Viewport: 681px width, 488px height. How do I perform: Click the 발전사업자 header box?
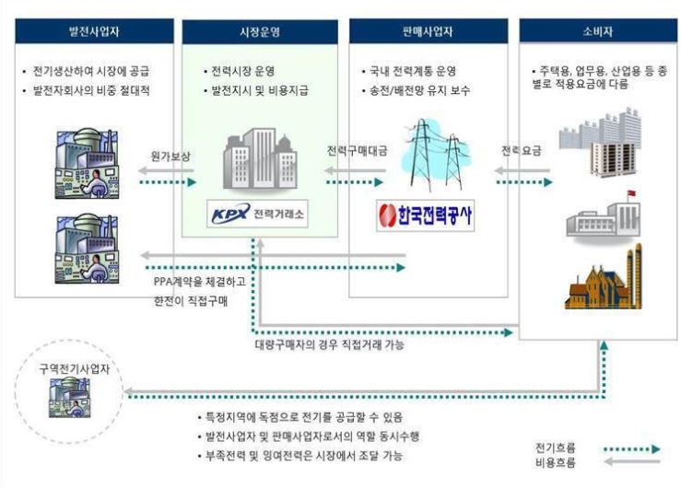pyautogui.click(x=95, y=30)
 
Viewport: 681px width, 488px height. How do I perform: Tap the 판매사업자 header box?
pyautogui.click(x=428, y=31)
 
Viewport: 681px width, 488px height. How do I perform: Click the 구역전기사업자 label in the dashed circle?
pyautogui.click(x=71, y=366)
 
